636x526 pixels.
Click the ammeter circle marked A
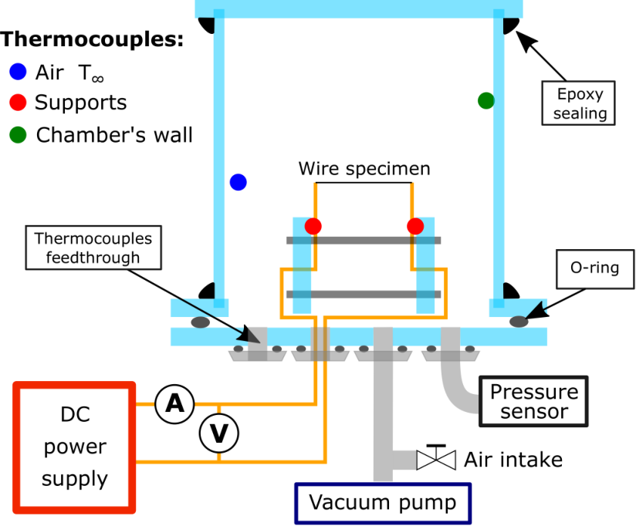click(174, 404)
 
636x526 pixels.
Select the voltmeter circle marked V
click(219, 433)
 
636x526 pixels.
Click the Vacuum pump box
click(383, 504)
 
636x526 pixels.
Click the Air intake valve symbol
click(436, 459)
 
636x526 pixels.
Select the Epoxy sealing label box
click(578, 103)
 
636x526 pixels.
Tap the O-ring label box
click(595, 269)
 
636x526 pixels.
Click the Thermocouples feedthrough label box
click(93, 248)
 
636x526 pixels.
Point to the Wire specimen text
click(364, 169)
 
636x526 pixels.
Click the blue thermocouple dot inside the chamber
click(238, 182)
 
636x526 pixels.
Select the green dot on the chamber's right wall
click(486, 100)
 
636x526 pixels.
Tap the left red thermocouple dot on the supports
click(313, 226)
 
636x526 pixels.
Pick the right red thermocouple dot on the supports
click(415, 226)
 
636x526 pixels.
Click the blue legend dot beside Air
click(18, 72)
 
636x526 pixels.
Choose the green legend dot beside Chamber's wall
click(18, 135)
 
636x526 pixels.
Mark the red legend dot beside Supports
click(18, 103)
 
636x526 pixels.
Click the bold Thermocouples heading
click(92, 39)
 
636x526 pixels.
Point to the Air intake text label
click(513, 460)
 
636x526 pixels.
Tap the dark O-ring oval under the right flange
click(519, 322)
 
